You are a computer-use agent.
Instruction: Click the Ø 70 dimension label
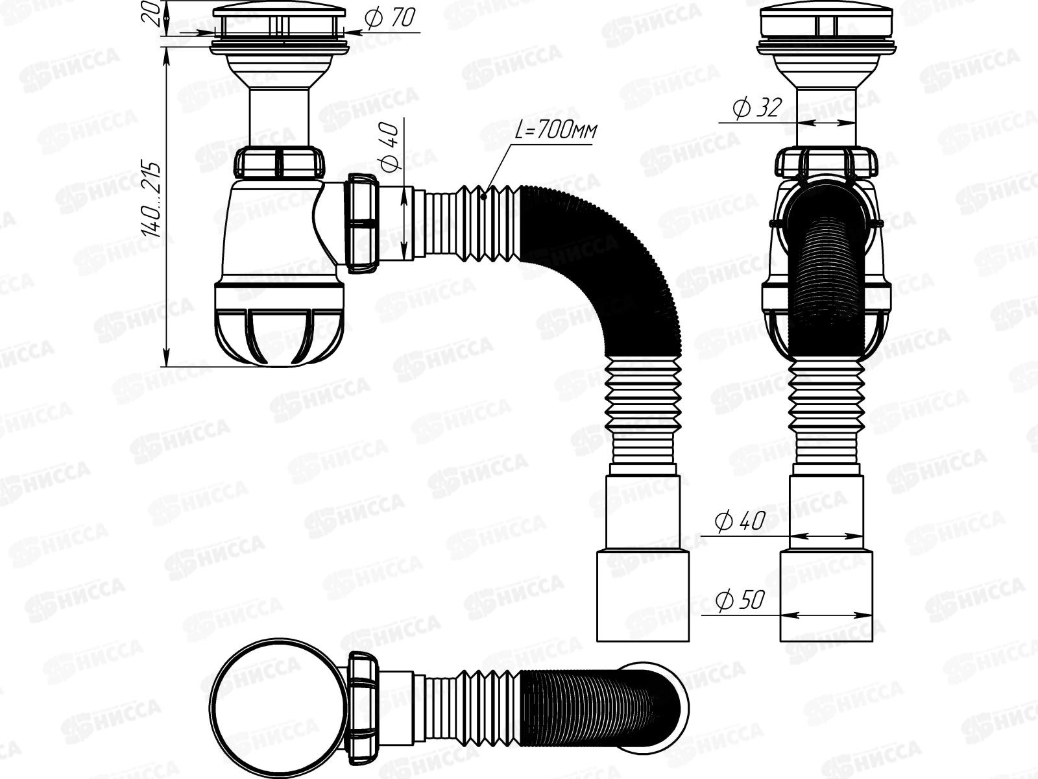tap(390, 18)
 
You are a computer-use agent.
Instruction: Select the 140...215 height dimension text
tap(151, 199)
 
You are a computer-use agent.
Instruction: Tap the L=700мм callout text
tap(555, 130)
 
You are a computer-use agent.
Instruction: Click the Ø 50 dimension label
tap(740, 600)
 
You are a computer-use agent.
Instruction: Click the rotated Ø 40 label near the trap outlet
tap(390, 146)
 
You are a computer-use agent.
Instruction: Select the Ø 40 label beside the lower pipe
tap(740, 521)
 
